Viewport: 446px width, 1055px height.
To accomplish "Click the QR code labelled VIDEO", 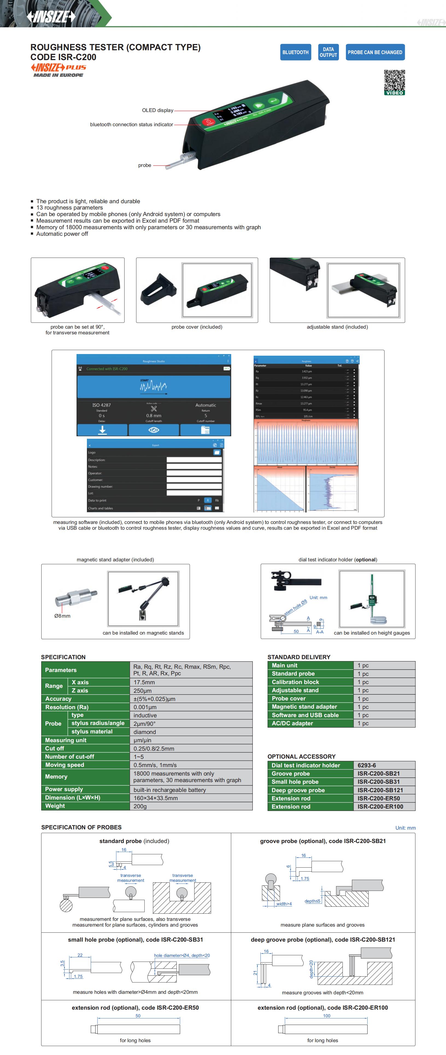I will [394, 82].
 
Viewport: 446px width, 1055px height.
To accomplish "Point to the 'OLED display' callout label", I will [157, 110].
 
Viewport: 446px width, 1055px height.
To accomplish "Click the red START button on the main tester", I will [209, 122].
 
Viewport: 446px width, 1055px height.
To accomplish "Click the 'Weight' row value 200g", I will [140, 806].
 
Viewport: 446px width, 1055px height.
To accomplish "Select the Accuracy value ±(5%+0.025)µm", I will [154, 699].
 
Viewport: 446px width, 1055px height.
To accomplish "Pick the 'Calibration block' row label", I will [295, 682].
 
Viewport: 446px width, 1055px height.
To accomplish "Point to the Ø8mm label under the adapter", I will [62, 615].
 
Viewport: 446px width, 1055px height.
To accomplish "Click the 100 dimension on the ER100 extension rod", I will [326, 1016].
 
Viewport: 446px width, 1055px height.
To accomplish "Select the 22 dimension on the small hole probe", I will [80, 955].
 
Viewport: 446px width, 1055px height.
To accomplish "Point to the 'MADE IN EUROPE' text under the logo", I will [58, 75].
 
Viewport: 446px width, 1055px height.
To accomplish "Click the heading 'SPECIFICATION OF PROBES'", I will [81, 827].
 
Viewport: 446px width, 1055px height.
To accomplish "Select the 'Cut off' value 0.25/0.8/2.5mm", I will [154, 748].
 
